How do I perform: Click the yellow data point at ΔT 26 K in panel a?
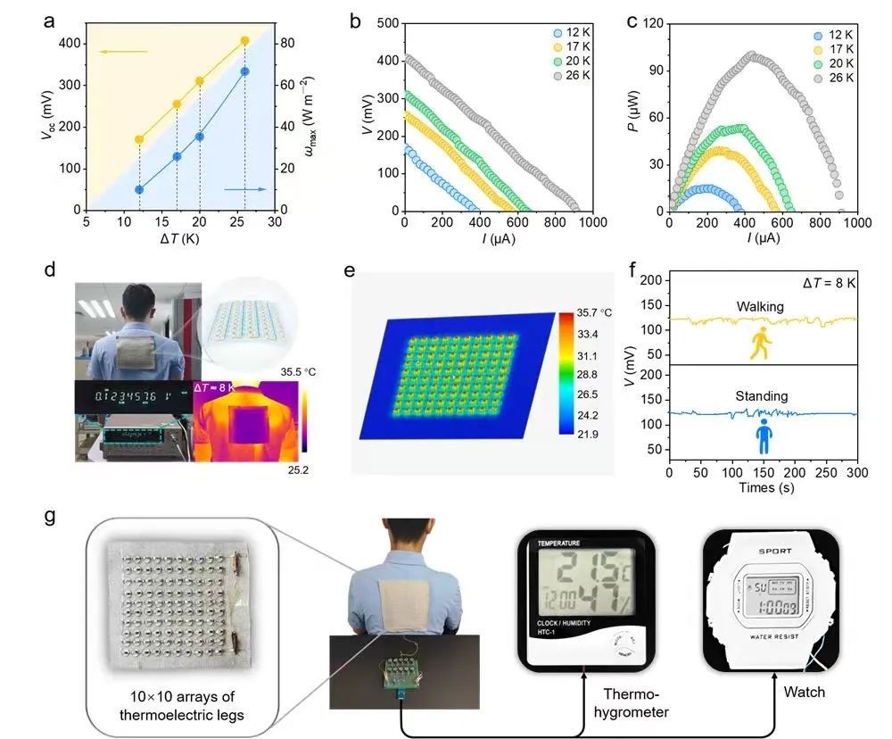tap(245, 40)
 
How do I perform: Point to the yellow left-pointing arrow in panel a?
tap(123, 52)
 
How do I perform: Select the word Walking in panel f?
tap(759, 306)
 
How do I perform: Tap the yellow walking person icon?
tap(760, 344)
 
